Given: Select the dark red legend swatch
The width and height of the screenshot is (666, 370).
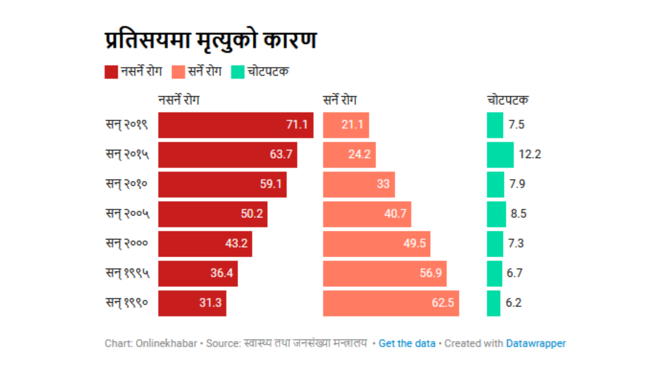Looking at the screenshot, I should tap(111, 72).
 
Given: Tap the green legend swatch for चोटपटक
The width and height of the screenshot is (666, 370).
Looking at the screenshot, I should tap(238, 72).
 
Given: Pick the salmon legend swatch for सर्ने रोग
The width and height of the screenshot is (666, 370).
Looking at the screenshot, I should tap(178, 72).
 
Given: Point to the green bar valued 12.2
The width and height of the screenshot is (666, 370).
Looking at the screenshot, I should tap(500, 155).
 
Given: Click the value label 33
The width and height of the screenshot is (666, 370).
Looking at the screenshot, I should tap(383, 184).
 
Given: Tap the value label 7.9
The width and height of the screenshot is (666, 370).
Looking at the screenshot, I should tap(517, 184).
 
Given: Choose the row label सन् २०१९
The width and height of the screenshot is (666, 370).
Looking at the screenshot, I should tap(127, 125).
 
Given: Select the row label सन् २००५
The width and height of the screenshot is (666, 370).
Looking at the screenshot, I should tap(127, 214).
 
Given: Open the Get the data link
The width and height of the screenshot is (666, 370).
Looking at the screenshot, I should tap(407, 343).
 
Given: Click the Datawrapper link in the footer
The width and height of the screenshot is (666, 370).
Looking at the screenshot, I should tap(536, 343).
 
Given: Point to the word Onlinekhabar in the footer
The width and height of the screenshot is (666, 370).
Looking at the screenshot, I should tap(166, 343).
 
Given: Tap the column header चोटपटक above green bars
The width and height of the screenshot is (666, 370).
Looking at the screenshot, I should tap(508, 100).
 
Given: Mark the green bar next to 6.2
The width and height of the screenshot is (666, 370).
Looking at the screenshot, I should tap(493, 303).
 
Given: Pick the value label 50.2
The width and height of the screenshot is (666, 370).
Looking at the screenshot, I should tap(252, 214).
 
